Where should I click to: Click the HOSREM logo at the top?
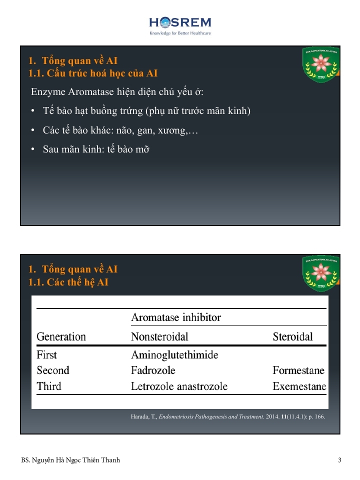pos(180,25)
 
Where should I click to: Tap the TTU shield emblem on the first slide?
pos(321,65)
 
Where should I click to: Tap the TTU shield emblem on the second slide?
pos(321,273)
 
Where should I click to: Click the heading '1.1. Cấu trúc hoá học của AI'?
pos(93,73)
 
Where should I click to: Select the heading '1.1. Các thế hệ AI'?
pos(68,282)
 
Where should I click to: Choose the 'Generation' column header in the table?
pos(61,336)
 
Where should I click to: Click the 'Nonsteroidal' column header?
pos(159,336)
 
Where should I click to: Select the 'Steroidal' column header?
pos(292,336)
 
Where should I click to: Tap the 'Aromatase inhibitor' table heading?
pos(176,317)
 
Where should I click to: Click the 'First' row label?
pos(47,355)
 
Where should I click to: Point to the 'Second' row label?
pos(53,370)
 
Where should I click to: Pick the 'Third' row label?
pos(49,386)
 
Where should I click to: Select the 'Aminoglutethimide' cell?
pos(174,355)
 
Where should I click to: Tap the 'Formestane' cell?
pos(298,370)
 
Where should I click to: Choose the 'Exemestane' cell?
pos(299,386)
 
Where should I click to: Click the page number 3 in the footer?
pos(339,460)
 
